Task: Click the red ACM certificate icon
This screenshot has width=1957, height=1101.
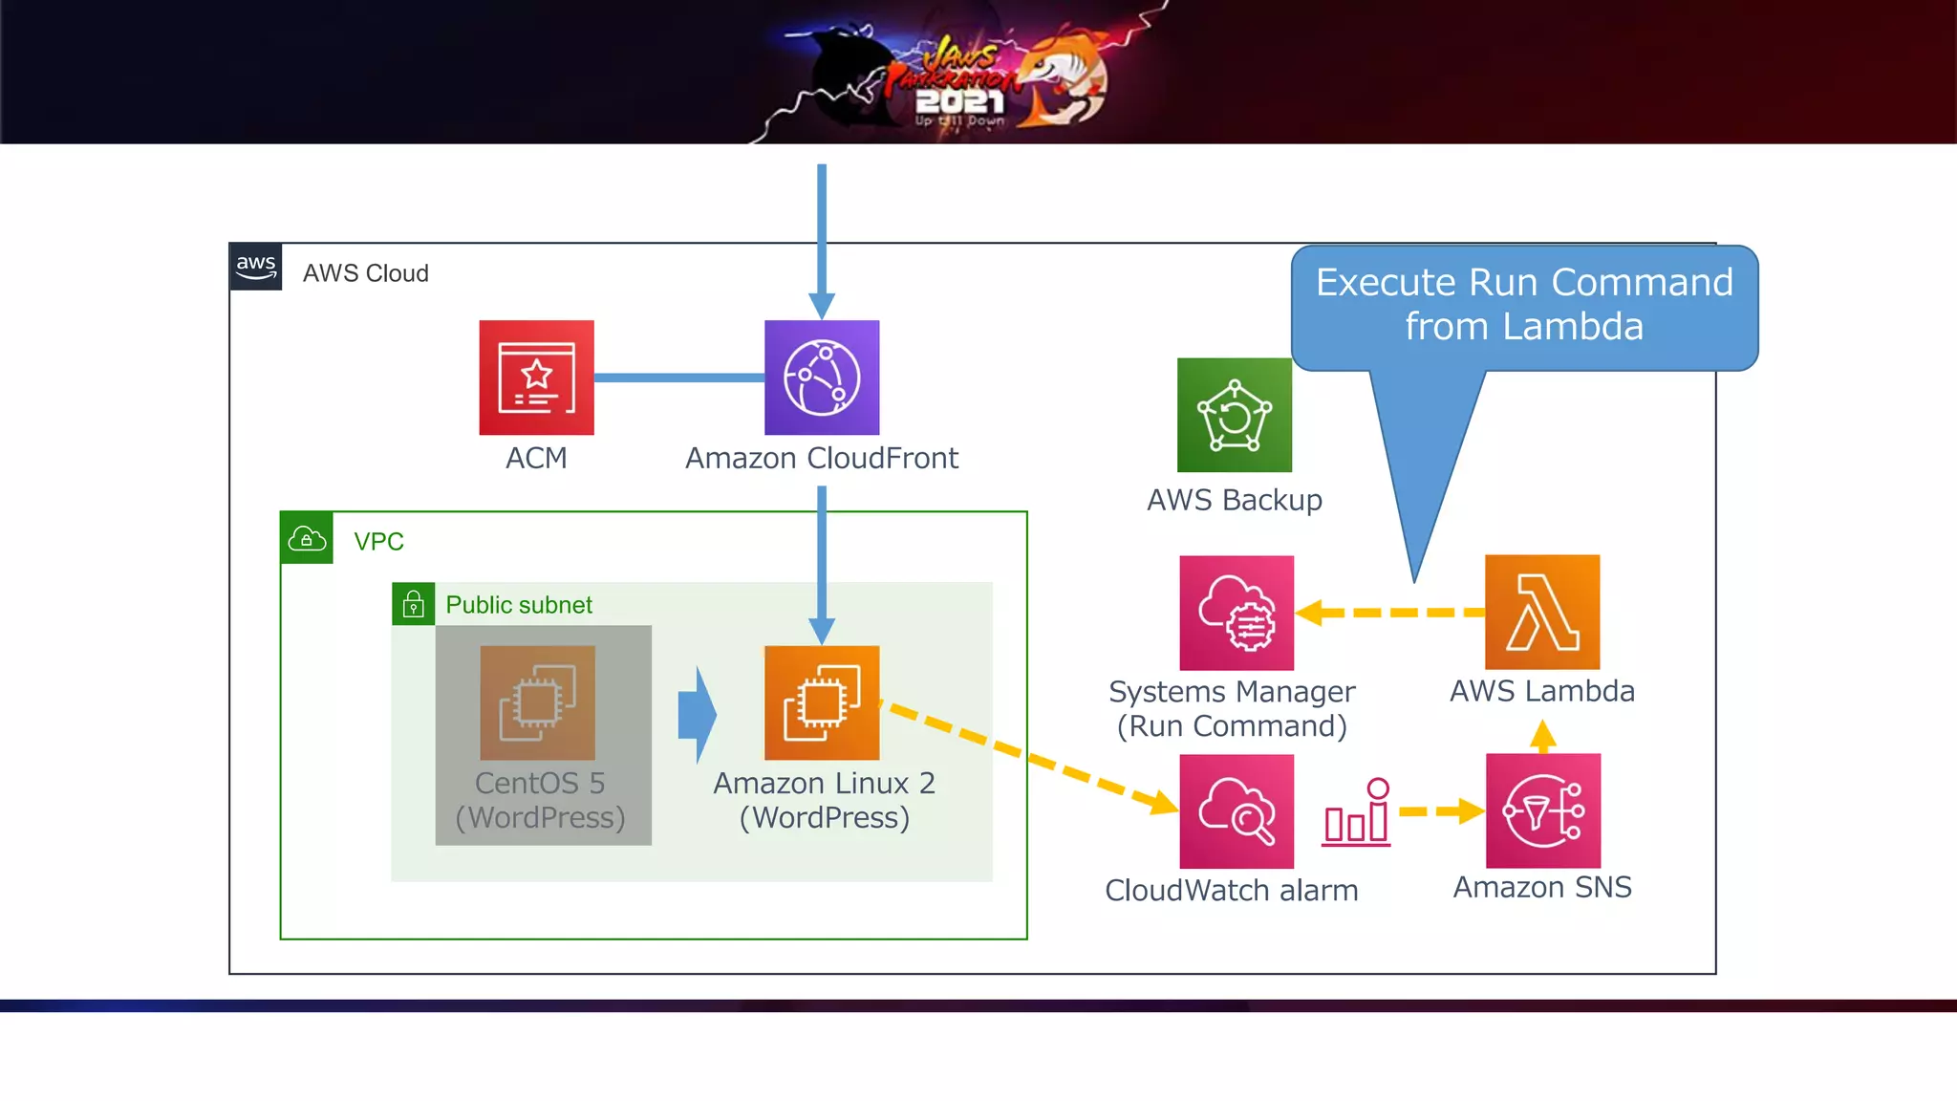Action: point(536,378)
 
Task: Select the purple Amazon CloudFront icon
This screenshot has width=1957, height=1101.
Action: point(822,378)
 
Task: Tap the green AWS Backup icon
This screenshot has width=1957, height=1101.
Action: point(1234,415)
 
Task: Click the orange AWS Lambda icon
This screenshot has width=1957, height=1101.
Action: point(1541,612)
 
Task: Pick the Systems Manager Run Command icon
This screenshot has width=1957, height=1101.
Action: point(1237,613)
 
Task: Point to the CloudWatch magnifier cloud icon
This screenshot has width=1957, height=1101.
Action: point(1237,811)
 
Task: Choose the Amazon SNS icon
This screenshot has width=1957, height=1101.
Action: point(1542,810)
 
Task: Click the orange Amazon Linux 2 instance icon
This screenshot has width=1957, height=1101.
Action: point(822,702)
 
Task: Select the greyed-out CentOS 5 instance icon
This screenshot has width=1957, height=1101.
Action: point(537,702)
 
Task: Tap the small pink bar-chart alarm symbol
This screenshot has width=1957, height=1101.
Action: point(1357,813)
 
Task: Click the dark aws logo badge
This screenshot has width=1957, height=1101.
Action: point(256,267)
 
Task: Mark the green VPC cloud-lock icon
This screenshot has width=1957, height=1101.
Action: point(307,538)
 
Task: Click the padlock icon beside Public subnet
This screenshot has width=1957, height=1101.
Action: point(413,604)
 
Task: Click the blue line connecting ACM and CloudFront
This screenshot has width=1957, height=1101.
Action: point(678,378)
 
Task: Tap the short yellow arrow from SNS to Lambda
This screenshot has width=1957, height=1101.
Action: point(1542,737)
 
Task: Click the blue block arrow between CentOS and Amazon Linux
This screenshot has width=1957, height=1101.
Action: point(699,715)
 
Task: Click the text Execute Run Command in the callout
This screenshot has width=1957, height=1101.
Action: point(1523,282)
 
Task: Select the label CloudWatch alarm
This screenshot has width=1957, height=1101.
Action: point(1231,890)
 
